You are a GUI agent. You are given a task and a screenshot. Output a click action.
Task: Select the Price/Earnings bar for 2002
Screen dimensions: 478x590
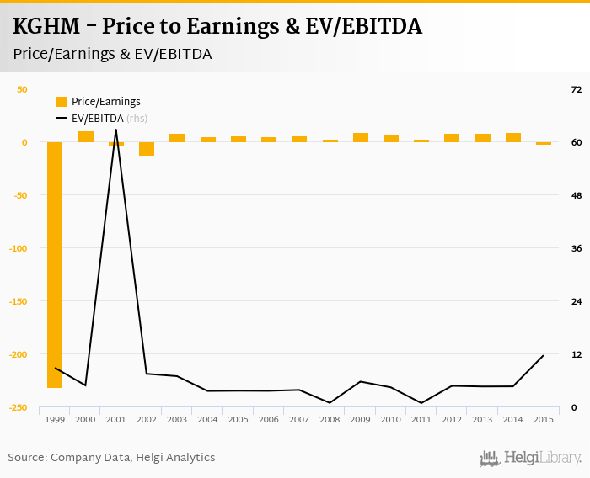(x=147, y=149)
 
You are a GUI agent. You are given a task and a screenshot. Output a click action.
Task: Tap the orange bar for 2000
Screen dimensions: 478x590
(x=86, y=136)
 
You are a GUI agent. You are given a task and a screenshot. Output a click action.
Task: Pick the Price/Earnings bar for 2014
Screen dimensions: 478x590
(x=512, y=137)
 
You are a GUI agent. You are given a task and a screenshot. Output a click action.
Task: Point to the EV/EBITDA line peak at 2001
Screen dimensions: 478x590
(x=115, y=129)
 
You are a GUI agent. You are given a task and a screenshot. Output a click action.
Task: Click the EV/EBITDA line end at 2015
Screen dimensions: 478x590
(x=543, y=356)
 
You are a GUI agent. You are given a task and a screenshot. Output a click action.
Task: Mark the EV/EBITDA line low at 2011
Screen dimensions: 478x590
(x=421, y=403)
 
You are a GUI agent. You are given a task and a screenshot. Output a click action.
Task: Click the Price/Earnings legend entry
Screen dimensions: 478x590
(x=105, y=102)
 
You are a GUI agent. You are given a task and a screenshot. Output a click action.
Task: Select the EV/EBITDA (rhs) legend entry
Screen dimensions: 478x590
(x=105, y=119)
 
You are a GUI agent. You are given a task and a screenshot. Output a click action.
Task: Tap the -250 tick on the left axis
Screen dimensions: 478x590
(x=17, y=407)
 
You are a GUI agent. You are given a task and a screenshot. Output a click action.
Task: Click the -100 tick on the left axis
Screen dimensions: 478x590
(x=17, y=248)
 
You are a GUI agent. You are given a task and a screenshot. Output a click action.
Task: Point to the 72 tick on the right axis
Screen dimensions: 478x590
(x=577, y=89)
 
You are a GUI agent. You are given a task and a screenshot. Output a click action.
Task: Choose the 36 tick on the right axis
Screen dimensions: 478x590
(x=577, y=248)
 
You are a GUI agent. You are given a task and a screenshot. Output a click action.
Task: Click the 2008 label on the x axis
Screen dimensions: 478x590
(x=330, y=420)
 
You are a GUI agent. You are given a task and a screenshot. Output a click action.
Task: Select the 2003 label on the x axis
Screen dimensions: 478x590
(x=177, y=420)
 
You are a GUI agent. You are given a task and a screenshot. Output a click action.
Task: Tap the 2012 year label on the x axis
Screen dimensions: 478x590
(x=452, y=420)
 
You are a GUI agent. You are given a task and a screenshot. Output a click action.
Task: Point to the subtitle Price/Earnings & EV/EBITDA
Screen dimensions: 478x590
(x=112, y=54)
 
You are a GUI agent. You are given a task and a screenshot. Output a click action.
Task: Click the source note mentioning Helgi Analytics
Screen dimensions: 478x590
(x=111, y=458)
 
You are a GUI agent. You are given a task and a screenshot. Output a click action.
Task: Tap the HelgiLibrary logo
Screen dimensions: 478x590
(x=530, y=459)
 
